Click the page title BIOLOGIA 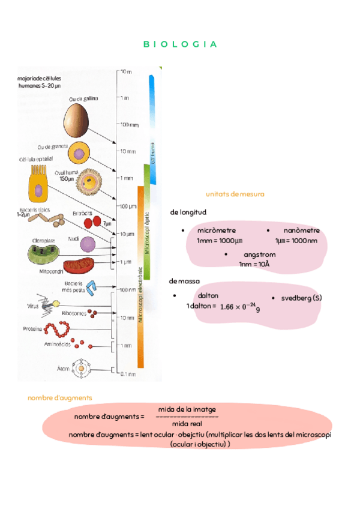tap(180, 44)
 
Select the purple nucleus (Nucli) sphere tap(88, 244)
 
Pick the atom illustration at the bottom tap(81, 367)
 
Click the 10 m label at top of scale tap(125, 71)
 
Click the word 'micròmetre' tap(216, 230)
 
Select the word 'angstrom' tap(260, 254)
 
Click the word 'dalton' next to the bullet tap(208, 295)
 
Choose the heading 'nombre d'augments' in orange tap(60, 398)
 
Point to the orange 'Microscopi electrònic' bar tap(140, 276)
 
